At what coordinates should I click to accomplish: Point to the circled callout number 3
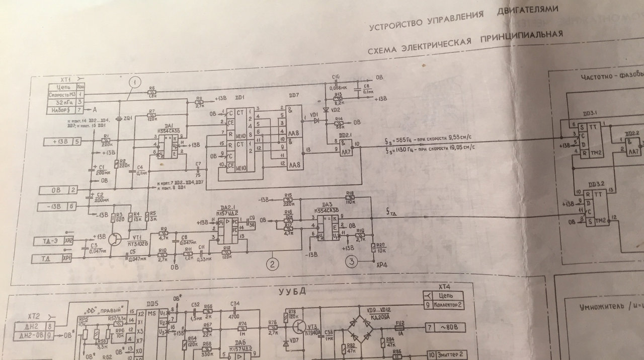tap(352, 261)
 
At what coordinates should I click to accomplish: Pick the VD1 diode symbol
tap(316, 120)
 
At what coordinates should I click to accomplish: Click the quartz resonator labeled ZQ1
tap(119, 119)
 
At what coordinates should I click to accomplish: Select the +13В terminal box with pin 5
tap(62, 141)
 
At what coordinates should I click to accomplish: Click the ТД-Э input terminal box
tap(54, 241)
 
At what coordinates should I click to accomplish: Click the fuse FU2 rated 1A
tap(400, 326)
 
